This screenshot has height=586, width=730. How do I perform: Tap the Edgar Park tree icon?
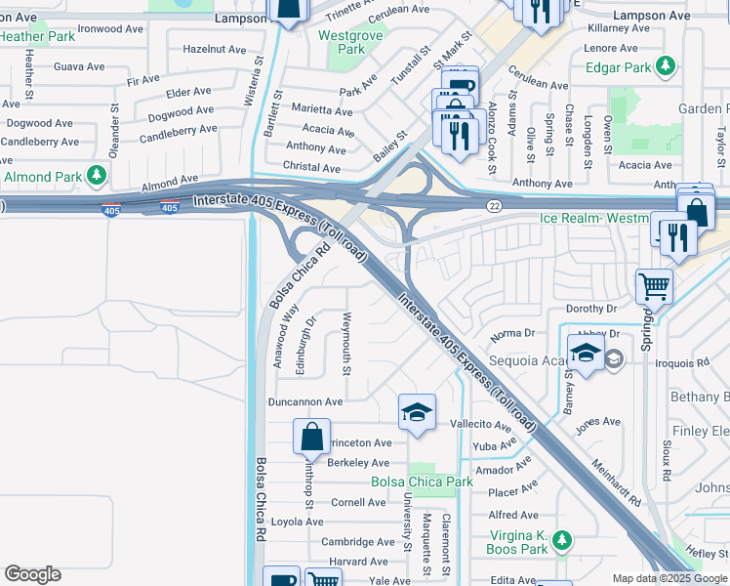point(666,66)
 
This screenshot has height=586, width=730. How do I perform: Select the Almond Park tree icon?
point(97,176)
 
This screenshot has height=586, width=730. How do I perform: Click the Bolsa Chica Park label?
point(422,481)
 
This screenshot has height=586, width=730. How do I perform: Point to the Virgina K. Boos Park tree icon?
point(561,540)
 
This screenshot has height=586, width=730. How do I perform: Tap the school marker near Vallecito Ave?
point(417,412)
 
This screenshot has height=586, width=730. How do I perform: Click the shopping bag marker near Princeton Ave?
point(311,439)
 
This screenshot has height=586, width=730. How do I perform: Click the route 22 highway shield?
point(495,204)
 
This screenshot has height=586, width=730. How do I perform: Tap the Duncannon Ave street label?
point(305,401)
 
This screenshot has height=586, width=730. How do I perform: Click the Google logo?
point(32,574)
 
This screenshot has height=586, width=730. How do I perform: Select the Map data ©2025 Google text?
point(669,578)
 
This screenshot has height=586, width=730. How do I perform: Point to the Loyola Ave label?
point(297,522)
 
